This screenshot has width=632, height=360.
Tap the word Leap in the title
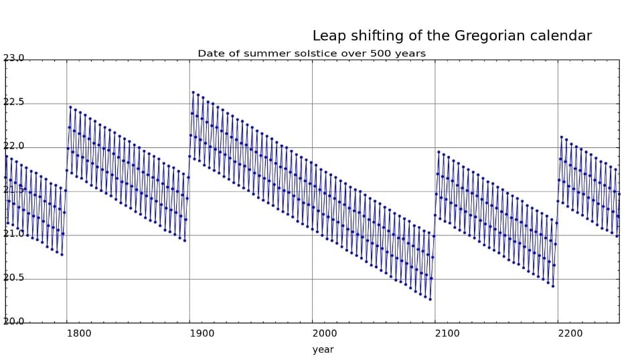coord(328,36)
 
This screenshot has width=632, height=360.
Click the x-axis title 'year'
coord(323,349)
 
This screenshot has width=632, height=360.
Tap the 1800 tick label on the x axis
coord(78,333)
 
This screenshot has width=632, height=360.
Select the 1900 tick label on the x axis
coord(201,333)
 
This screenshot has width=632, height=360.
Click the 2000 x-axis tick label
coord(324,333)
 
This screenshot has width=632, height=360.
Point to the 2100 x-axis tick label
coord(447,333)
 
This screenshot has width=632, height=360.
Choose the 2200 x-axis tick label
coord(570,333)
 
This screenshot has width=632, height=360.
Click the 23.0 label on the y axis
coord(13,58)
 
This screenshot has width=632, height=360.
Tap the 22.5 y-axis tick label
coord(13,102)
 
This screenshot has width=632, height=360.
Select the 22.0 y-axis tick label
coord(13,146)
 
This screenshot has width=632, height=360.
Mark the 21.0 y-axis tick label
coord(13,234)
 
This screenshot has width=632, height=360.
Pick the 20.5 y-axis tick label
coord(13,278)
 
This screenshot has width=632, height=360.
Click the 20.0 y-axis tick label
coord(13,321)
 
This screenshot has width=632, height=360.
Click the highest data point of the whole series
coord(193,92)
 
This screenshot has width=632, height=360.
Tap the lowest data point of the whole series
coord(430,299)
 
